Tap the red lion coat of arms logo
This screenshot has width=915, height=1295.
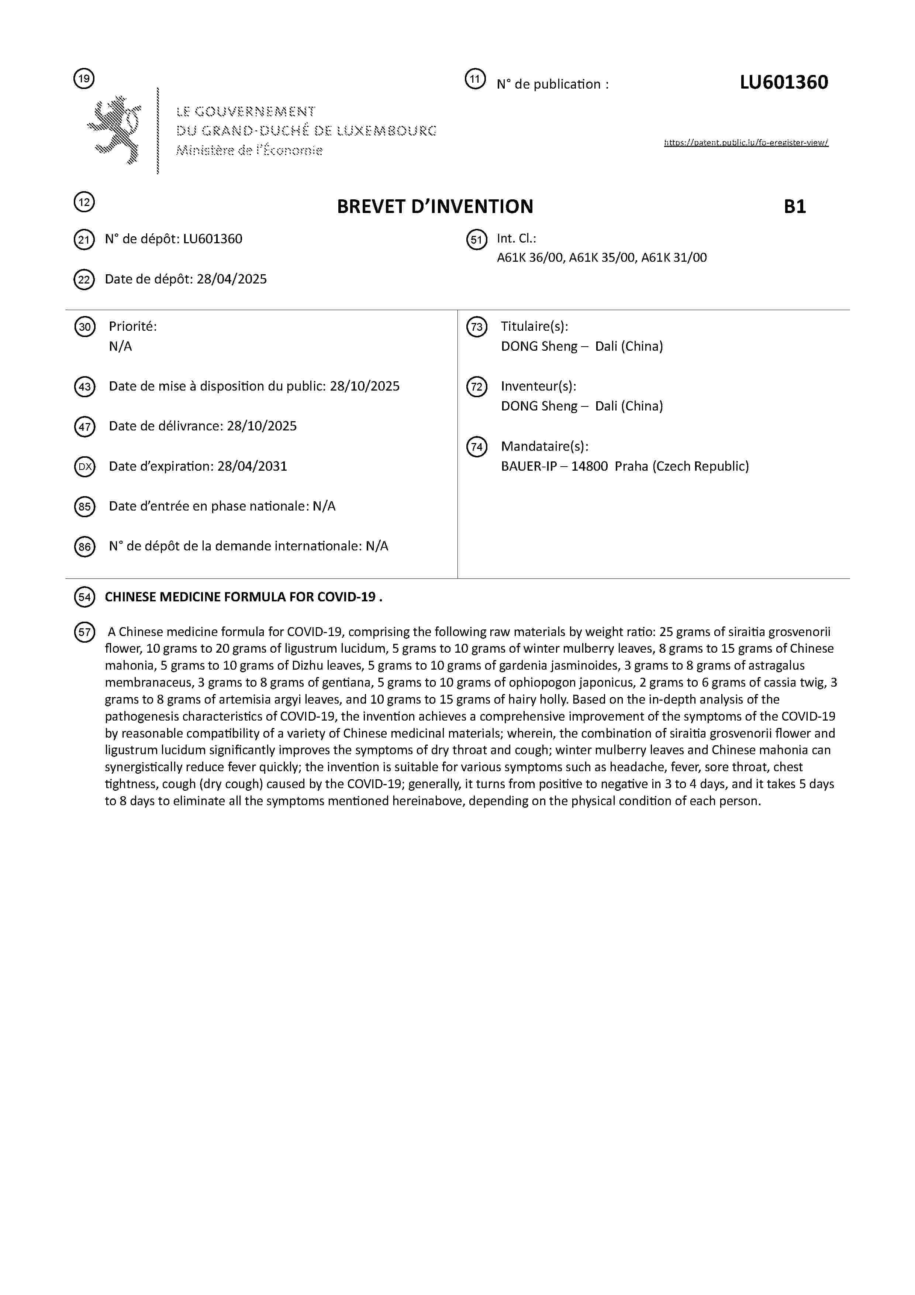click(x=115, y=130)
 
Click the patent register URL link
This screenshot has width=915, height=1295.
click(x=746, y=143)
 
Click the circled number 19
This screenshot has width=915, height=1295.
click(x=84, y=78)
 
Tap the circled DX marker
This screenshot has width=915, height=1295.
click(x=84, y=467)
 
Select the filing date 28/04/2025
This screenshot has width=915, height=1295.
click(x=232, y=279)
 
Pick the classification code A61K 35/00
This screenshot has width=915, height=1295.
click(x=602, y=258)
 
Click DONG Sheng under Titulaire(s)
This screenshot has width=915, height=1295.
click(x=539, y=346)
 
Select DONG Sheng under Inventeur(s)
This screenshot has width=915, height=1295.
click(x=539, y=406)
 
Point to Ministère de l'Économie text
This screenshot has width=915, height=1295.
click(x=249, y=151)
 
